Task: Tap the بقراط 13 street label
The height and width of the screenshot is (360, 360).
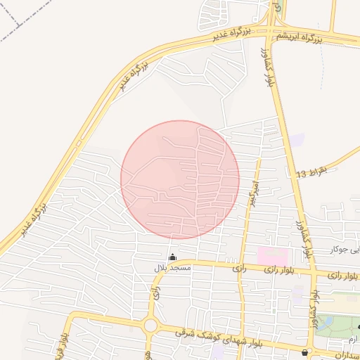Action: [312, 172]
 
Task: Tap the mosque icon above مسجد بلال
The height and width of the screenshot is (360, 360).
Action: [172, 257]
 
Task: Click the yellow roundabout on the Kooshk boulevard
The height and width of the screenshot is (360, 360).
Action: [150, 326]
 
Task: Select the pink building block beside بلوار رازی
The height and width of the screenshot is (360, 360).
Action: [273, 256]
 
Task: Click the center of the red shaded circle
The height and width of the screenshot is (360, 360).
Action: [180, 179]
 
